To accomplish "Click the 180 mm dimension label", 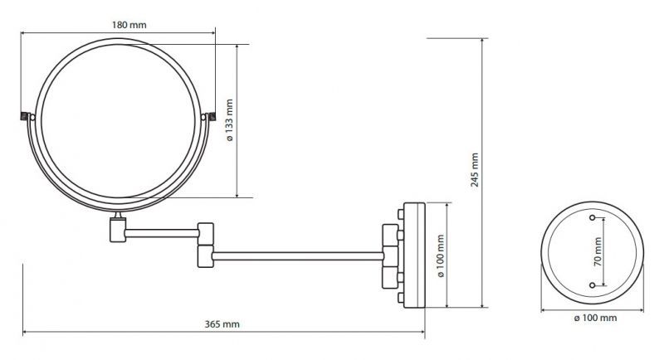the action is tap(129, 25).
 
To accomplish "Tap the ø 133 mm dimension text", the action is tap(230, 120).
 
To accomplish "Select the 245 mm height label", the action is tap(475, 170).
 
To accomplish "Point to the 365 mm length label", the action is tap(222, 324).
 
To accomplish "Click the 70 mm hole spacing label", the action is tap(598, 251).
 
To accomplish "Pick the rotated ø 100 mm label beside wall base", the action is tap(441, 256).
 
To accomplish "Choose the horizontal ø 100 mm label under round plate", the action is tap(595, 318).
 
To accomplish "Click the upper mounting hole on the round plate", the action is tap(592, 218).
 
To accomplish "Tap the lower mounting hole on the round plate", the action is tap(592, 285).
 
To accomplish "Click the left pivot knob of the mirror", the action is tap(25, 116).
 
